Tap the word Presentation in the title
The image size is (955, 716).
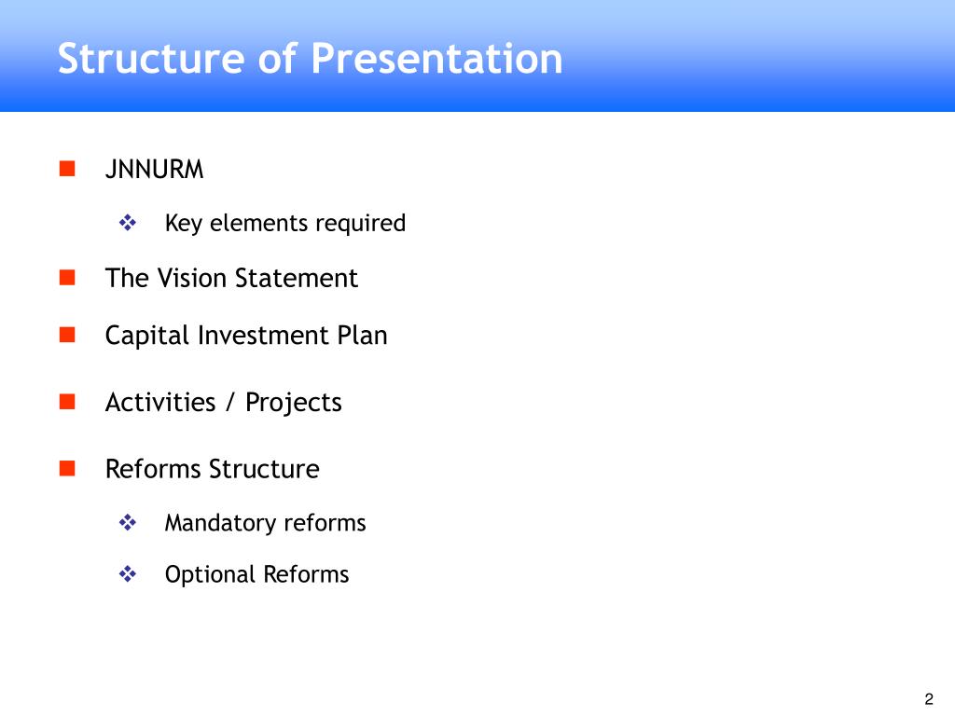click(x=437, y=59)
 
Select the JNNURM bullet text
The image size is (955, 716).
click(x=154, y=170)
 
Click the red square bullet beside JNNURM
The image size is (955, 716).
click(x=66, y=169)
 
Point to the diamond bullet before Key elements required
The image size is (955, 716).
click(x=128, y=223)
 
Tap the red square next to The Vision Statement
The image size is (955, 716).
click(x=66, y=277)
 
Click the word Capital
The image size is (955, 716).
click(x=147, y=336)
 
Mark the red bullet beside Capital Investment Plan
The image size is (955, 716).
click(x=66, y=335)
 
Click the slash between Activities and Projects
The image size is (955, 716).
click(x=229, y=402)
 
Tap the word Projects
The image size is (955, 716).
click(x=294, y=403)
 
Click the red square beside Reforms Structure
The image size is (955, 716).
click(x=66, y=468)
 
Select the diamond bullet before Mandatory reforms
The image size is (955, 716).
click(x=128, y=522)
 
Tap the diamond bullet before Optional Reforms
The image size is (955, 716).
click(x=128, y=574)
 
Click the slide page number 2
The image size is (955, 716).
click(x=928, y=699)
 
